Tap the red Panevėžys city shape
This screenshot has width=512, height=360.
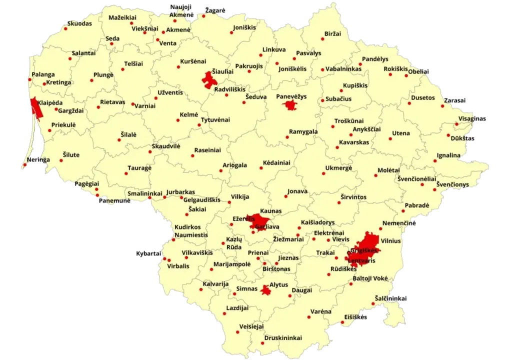(x=289, y=105)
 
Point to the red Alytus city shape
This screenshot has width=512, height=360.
(x=264, y=289)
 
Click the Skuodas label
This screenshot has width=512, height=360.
(x=79, y=23)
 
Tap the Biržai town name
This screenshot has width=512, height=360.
(x=332, y=33)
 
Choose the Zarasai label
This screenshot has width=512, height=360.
(x=455, y=100)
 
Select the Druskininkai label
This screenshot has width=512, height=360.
(x=283, y=338)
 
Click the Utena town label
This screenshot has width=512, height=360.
(x=400, y=133)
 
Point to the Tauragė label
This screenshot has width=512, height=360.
(x=139, y=168)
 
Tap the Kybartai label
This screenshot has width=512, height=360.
(x=148, y=254)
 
